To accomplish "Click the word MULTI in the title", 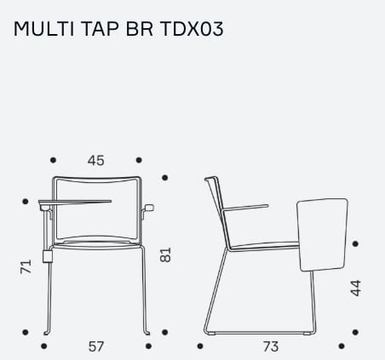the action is pyautogui.click(x=43, y=29).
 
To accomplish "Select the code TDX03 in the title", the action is pyautogui.click(x=192, y=29).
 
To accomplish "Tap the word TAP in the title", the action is pyautogui.click(x=100, y=29).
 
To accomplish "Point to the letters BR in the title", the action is pyautogui.click(x=140, y=29).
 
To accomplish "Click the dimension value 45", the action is pyautogui.click(x=96, y=161).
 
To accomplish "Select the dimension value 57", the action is pyautogui.click(x=96, y=346).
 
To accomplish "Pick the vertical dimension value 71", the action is pyautogui.click(x=26, y=266).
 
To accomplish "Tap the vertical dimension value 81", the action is pyautogui.click(x=165, y=254).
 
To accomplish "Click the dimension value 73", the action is pyautogui.click(x=271, y=346).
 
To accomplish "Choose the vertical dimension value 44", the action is pyautogui.click(x=356, y=289).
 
